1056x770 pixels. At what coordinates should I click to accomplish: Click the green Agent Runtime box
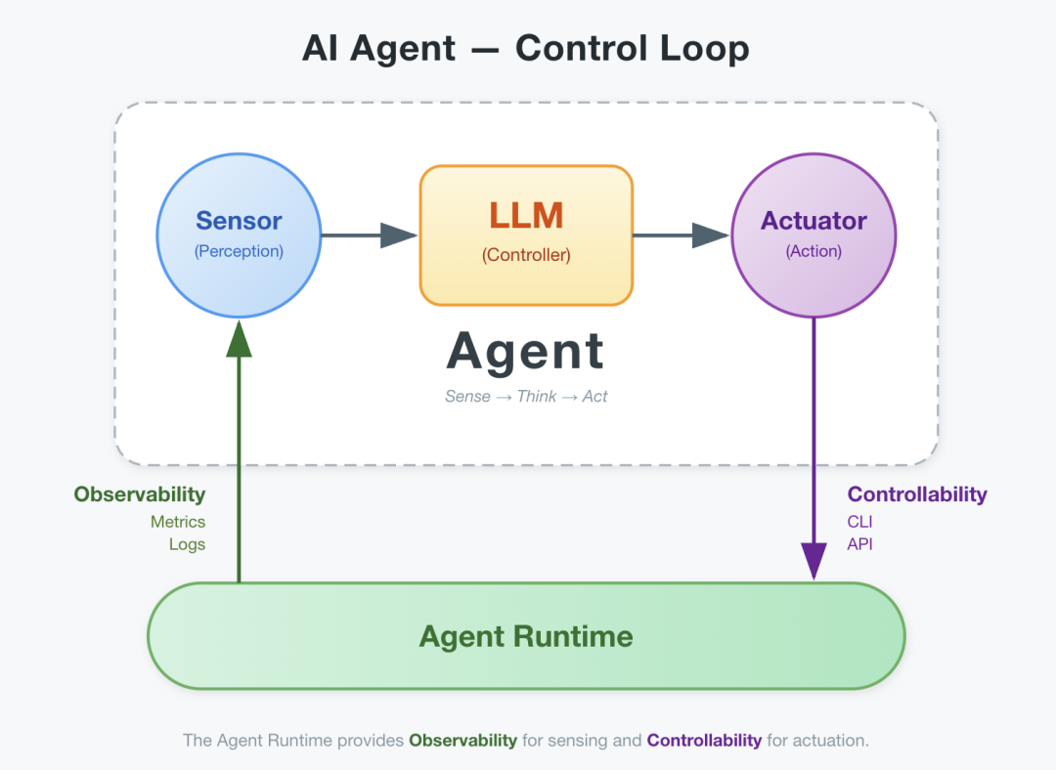pos(526,636)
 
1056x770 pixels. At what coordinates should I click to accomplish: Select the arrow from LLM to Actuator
pos(681,235)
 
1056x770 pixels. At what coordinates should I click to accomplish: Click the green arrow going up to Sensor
pos(240,449)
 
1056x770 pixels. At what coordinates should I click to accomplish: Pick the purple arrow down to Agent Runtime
pos(814,449)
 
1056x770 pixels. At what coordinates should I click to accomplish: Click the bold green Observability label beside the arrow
pos(140,494)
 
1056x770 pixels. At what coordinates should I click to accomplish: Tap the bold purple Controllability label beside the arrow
pos(917,494)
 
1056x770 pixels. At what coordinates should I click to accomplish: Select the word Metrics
pos(178,522)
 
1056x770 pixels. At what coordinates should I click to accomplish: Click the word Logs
pos(187,544)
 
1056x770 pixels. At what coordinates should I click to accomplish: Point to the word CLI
pos(859,522)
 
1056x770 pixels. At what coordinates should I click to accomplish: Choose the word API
pos(859,544)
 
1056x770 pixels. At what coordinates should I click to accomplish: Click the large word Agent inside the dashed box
pos(526,352)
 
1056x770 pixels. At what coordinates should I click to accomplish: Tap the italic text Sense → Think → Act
pos(526,396)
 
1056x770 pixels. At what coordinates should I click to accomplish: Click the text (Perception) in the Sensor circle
pos(239,251)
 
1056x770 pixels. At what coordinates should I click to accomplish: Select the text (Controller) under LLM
pos(526,255)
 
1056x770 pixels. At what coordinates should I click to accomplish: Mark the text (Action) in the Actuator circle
pos(814,251)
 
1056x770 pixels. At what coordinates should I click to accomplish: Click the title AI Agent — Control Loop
pos(526,48)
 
